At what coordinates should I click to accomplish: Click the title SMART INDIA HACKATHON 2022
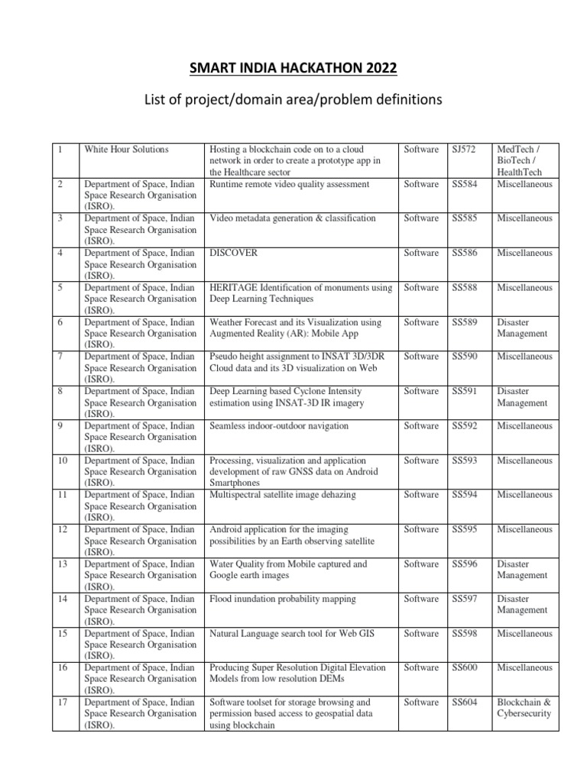(293, 69)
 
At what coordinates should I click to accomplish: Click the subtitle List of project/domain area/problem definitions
(293, 100)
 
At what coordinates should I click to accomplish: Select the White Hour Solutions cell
(126, 150)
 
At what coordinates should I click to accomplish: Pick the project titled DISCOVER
(233, 253)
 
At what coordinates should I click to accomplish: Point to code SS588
(465, 288)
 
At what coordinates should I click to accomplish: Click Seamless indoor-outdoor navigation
(278, 425)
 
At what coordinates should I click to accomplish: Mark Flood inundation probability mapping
(282, 599)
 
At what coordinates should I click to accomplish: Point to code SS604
(465, 702)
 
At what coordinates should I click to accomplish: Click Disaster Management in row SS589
(522, 328)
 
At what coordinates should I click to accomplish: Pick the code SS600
(465, 667)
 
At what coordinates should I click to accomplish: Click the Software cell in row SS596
(421, 564)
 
